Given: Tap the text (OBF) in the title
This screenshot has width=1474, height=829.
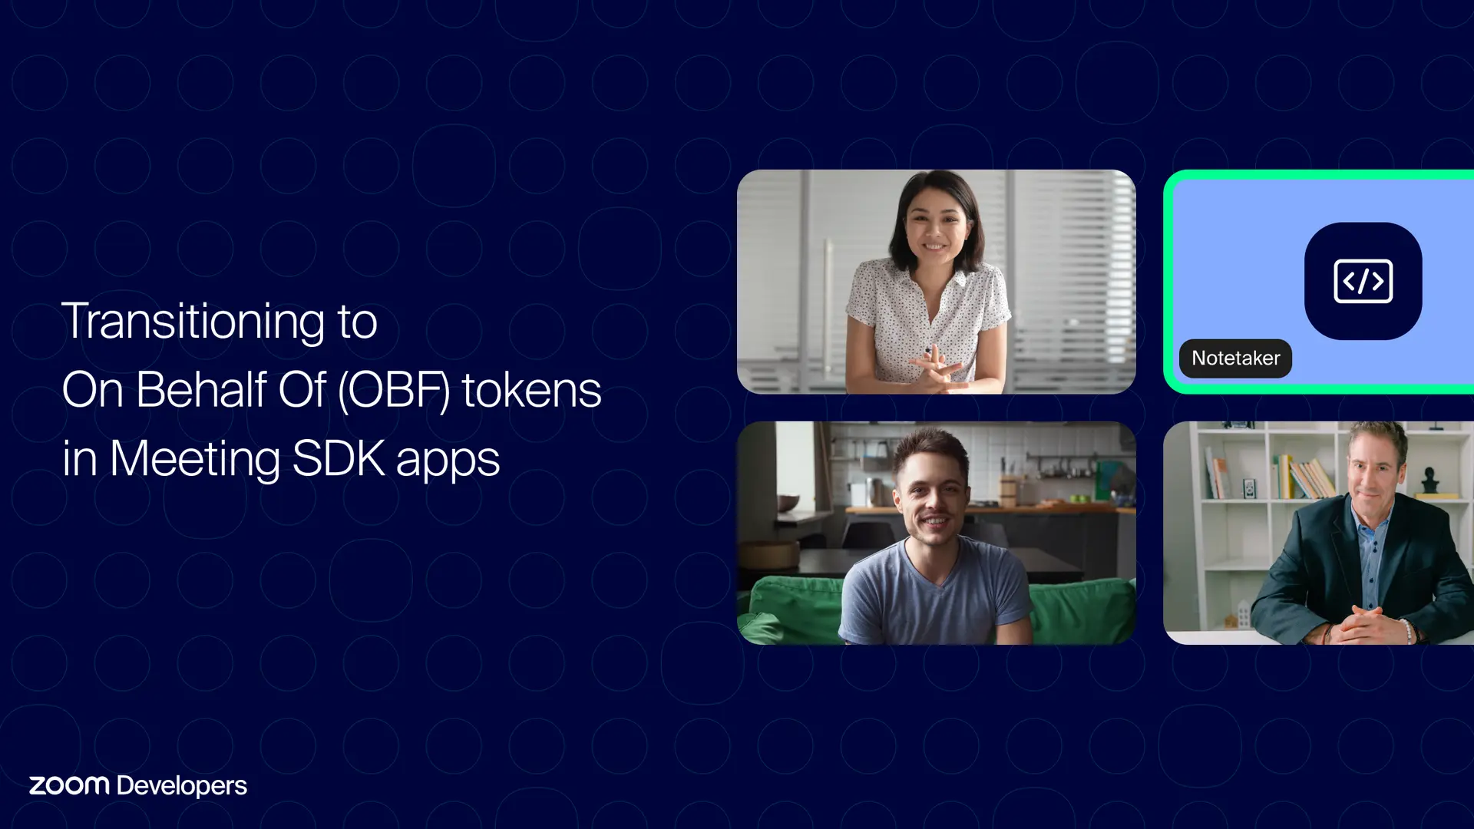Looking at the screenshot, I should pyautogui.click(x=394, y=390).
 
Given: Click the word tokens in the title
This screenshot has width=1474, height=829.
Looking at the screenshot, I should pyautogui.click(x=531, y=390).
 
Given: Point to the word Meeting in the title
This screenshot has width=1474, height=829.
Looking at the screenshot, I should pyautogui.click(x=195, y=459).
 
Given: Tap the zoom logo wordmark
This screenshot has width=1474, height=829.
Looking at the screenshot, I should pyautogui.click(x=69, y=785).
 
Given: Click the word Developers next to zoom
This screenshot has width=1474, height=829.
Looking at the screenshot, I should pyautogui.click(x=182, y=786).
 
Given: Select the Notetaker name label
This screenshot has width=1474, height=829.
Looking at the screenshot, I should pyautogui.click(x=1235, y=358).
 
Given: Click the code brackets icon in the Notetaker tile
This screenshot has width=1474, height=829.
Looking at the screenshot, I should pyautogui.click(x=1363, y=281).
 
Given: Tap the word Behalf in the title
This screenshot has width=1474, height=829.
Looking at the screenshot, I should pyautogui.click(x=201, y=390).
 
